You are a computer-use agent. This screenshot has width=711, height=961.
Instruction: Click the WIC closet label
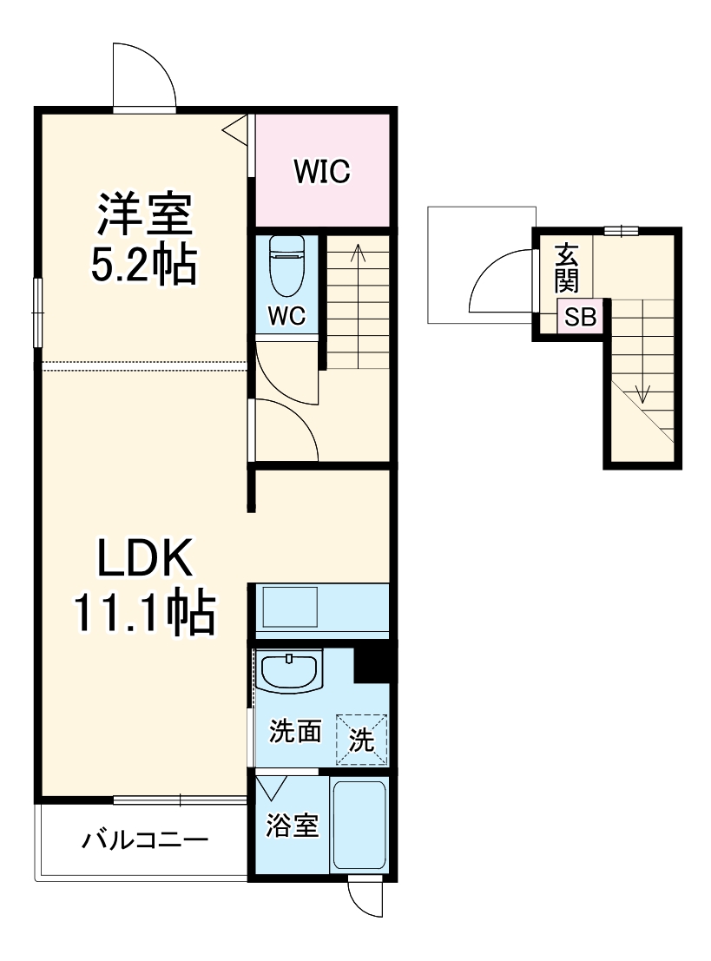322,171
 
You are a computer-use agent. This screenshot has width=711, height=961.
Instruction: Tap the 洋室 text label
145,214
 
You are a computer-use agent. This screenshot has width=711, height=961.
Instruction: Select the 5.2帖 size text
144,264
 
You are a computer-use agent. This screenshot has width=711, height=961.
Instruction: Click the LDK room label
146,556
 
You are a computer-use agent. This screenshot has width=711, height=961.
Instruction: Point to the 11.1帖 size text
145,611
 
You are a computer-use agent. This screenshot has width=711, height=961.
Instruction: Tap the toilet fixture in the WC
286,267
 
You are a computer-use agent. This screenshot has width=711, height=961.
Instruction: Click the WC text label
286,316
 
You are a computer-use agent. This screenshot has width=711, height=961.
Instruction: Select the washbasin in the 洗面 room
288,672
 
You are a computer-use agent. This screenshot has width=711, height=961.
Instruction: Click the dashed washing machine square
362,739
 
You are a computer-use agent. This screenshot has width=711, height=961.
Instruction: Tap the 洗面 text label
295,731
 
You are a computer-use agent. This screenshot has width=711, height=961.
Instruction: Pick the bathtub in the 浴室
359,826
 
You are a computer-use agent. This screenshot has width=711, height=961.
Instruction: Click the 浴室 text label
293,825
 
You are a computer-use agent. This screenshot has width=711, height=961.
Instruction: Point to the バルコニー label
145,839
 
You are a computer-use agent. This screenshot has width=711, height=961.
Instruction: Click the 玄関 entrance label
566,268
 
